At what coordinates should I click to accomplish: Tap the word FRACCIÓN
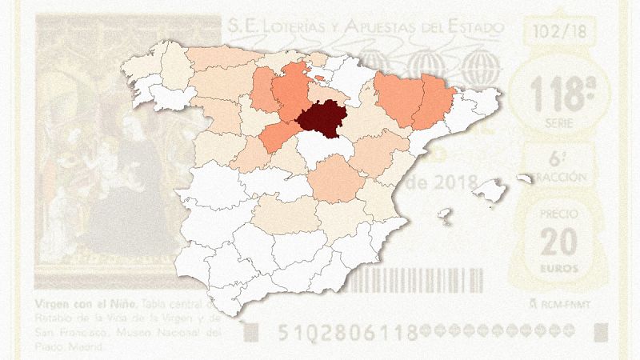(563, 177)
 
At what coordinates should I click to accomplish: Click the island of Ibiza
(443, 214)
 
